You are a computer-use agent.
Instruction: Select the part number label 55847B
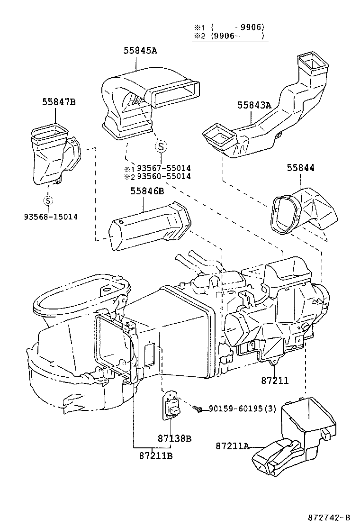[x=59, y=101]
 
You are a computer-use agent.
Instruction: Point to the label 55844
[x=300, y=168]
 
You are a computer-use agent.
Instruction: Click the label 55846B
[x=147, y=191]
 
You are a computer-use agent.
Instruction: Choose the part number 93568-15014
[x=51, y=217]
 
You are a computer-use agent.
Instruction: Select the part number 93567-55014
[x=164, y=169]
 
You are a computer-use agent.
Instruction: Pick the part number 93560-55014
[x=164, y=177]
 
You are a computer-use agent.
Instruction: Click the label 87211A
[x=233, y=446]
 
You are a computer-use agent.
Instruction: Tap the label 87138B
[x=174, y=438]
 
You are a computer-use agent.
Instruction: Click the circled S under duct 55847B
[x=48, y=200]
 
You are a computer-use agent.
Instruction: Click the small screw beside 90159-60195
[x=200, y=409]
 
